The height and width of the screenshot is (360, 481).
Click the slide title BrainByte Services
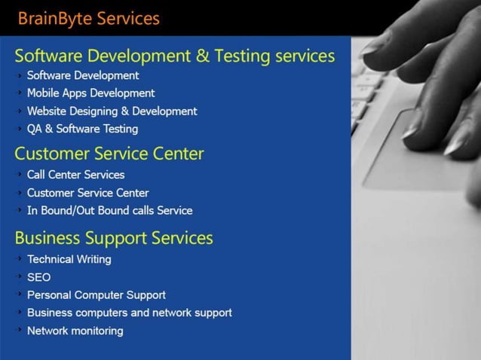click(88, 18)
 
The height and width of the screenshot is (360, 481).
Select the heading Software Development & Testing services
click(174, 56)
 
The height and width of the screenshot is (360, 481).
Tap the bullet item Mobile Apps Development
click(90, 93)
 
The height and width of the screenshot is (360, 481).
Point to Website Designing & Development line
click(112, 111)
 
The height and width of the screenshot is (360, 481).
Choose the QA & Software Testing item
click(82, 129)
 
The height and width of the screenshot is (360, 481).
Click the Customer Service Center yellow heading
click(109, 154)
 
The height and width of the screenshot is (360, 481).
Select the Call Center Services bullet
click(75, 175)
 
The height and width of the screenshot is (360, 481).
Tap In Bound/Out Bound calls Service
click(109, 211)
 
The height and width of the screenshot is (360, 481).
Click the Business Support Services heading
click(114, 238)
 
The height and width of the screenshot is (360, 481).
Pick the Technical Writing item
click(69, 259)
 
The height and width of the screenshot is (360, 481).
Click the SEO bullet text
click(38, 277)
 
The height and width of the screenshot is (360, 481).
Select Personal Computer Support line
click(96, 295)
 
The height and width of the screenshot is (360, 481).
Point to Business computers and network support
click(129, 313)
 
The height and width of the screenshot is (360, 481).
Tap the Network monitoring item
click(75, 331)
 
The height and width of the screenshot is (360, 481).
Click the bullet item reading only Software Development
click(82, 75)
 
